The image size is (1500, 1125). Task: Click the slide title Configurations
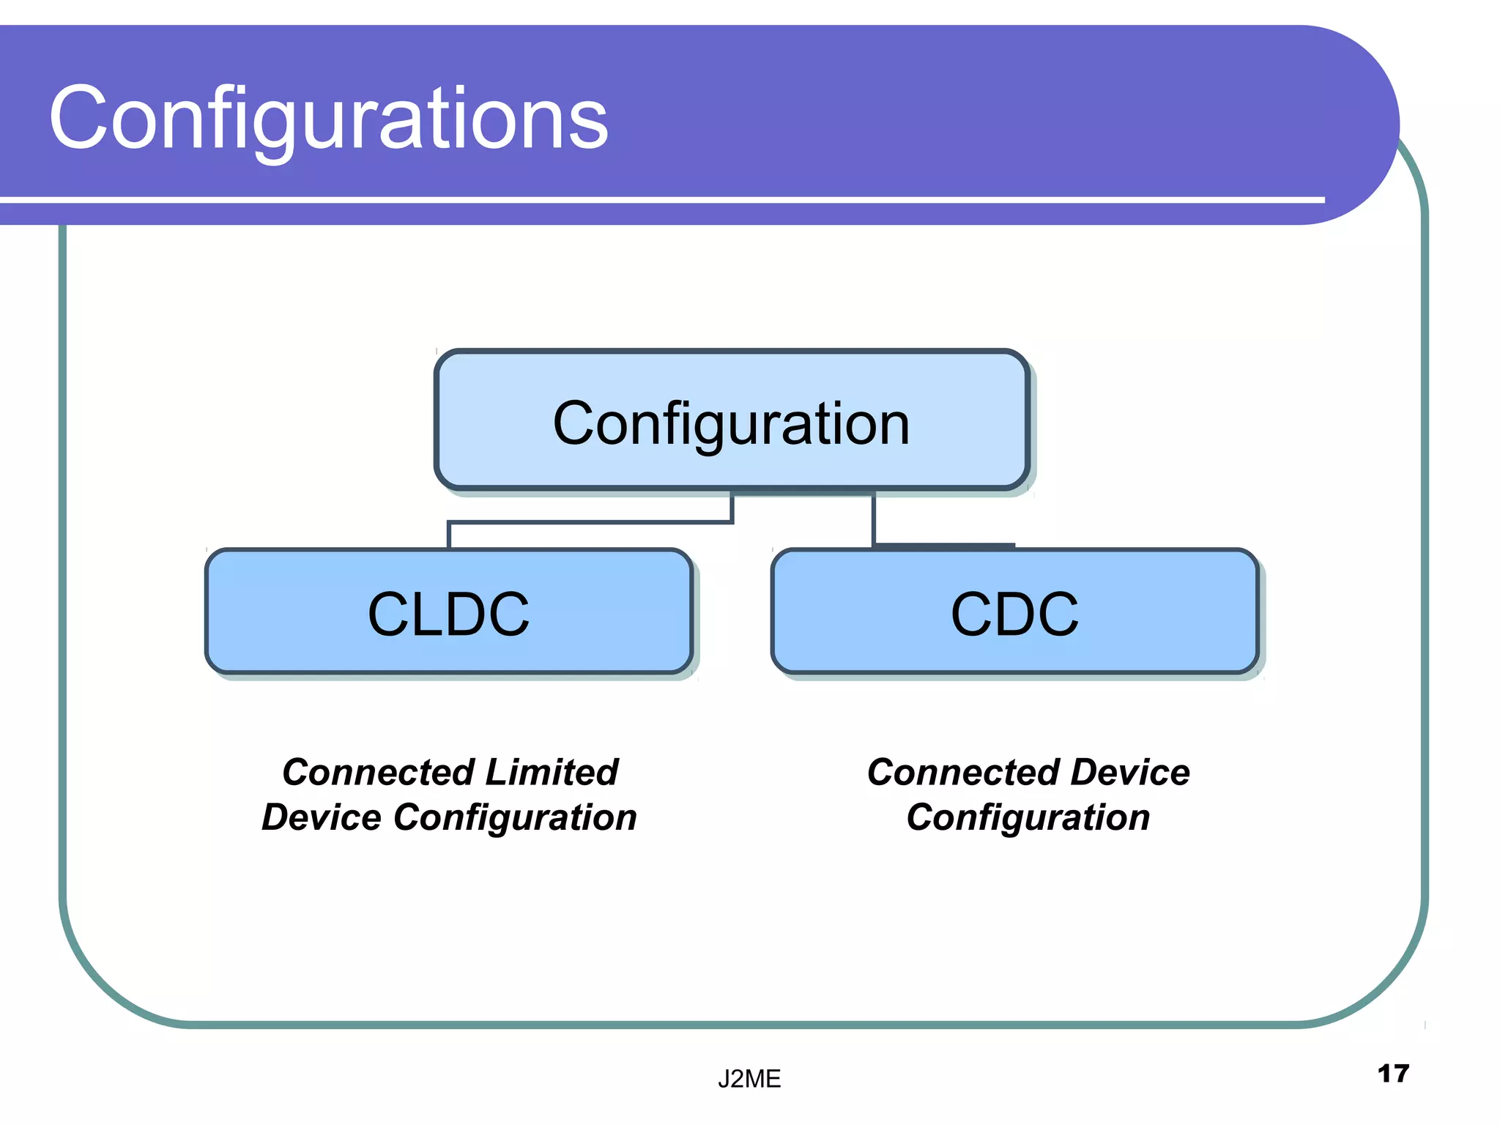pyautogui.click(x=328, y=119)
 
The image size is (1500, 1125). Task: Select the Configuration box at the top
pyautogui.click(x=731, y=423)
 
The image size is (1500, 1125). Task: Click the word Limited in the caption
pyautogui.click(x=552, y=772)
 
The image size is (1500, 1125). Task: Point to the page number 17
pyautogui.click(x=1392, y=1074)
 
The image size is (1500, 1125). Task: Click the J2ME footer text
pyautogui.click(x=749, y=1079)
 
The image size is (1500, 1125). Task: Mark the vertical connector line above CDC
pyautogui.click(x=873, y=519)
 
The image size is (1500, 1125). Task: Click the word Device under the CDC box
pyautogui.click(x=1129, y=772)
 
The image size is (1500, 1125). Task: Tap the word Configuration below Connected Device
pyautogui.click(x=1028, y=817)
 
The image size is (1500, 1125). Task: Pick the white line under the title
pyautogui.click(x=659, y=199)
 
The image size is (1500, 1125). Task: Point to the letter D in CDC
pyautogui.click(x=1014, y=614)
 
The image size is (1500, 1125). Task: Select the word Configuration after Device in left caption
pyautogui.click(x=515, y=817)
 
